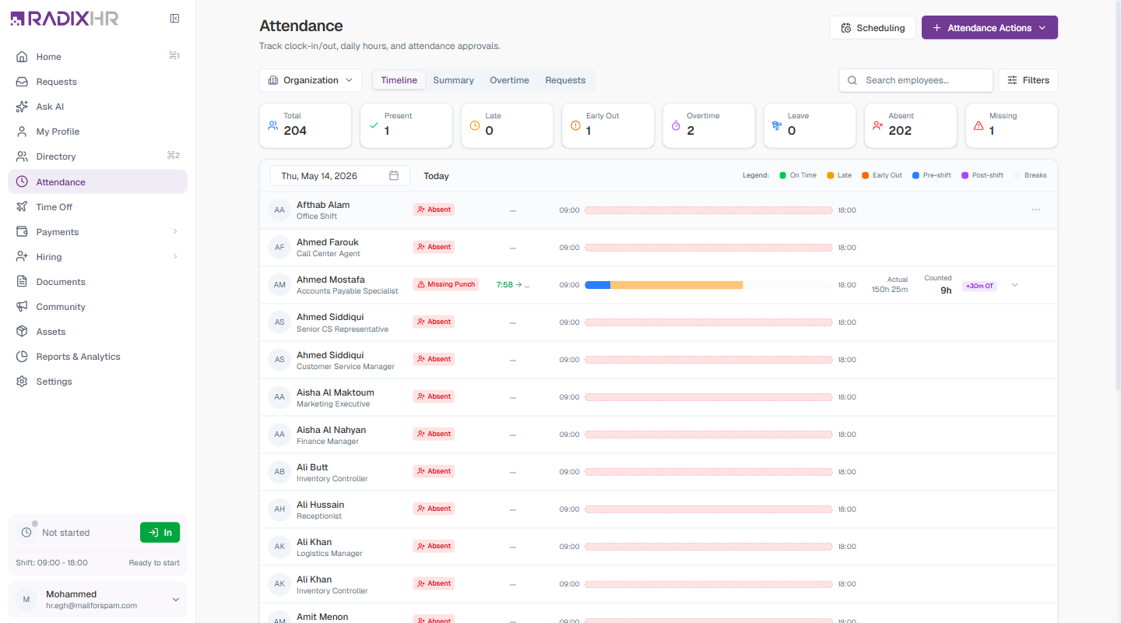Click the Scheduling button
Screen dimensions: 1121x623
coord(872,27)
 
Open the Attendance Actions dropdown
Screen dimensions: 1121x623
coord(989,27)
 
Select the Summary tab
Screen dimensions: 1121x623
coord(453,80)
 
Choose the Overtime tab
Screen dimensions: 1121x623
coord(509,80)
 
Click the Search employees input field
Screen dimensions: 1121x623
coord(915,80)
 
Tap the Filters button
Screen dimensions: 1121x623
coord(1028,80)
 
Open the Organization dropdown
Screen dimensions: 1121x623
coord(311,80)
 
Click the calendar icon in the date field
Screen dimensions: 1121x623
coord(394,175)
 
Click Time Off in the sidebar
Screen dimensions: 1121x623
coord(54,207)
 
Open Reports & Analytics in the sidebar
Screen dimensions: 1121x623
coord(78,357)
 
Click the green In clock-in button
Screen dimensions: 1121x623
coord(160,533)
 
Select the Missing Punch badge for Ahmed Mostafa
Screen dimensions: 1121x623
coord(446,284)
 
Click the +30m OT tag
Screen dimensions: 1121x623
coord(979,286)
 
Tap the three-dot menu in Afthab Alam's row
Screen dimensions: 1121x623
coord(1036,209)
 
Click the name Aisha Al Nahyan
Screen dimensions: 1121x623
coord(331,430)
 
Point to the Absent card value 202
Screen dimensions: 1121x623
coord(900,131)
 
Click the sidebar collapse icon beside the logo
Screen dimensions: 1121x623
coord(174,19)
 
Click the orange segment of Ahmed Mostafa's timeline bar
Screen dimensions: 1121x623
coord(676,285)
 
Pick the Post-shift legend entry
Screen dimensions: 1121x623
coord(982,175)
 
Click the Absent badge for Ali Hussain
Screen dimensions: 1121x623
coord(434,509)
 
